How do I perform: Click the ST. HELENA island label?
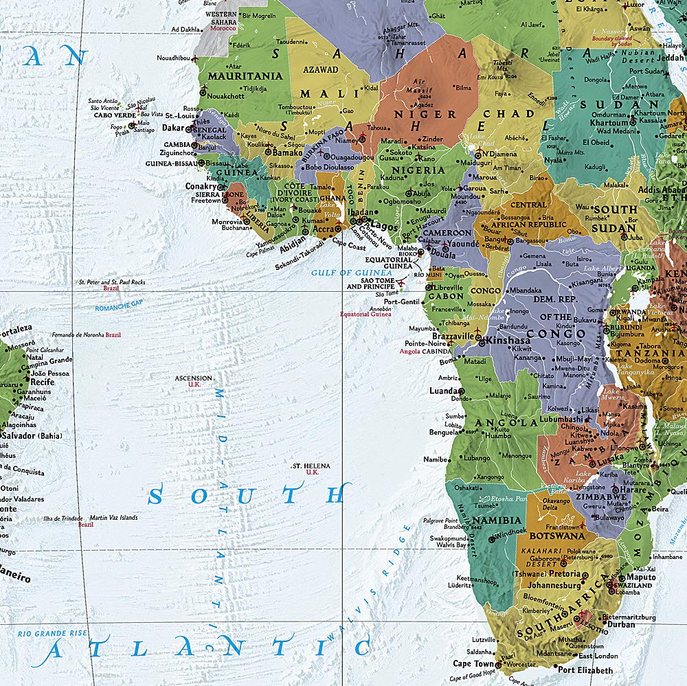(311, 466)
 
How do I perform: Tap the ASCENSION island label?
(193, 378)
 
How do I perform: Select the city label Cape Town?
(473, 664)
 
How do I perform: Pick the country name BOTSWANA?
(557, 536)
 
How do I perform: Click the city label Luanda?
(443, 391)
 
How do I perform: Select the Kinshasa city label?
(508, 341)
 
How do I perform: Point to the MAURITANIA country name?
(245, 76)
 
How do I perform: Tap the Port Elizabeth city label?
(585, 670)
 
